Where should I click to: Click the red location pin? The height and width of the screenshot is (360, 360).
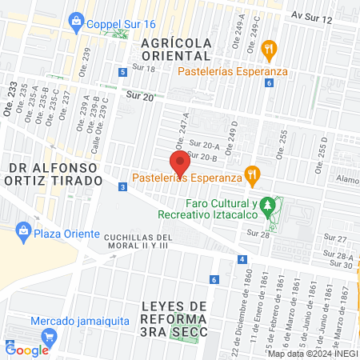[x=181, y=162]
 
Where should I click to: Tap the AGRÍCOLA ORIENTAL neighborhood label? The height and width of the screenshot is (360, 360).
[x=175, y=48]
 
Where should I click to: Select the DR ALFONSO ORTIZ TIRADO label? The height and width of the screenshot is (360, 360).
[x=56, y=174]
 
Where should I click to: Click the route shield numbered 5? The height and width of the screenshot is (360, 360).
[x=122, y=72]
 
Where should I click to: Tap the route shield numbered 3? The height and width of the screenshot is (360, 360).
[x=122, y=187]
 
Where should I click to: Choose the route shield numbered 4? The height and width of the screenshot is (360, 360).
[x=242, y=260]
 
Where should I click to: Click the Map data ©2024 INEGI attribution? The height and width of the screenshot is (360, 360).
[x=312, y=354]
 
